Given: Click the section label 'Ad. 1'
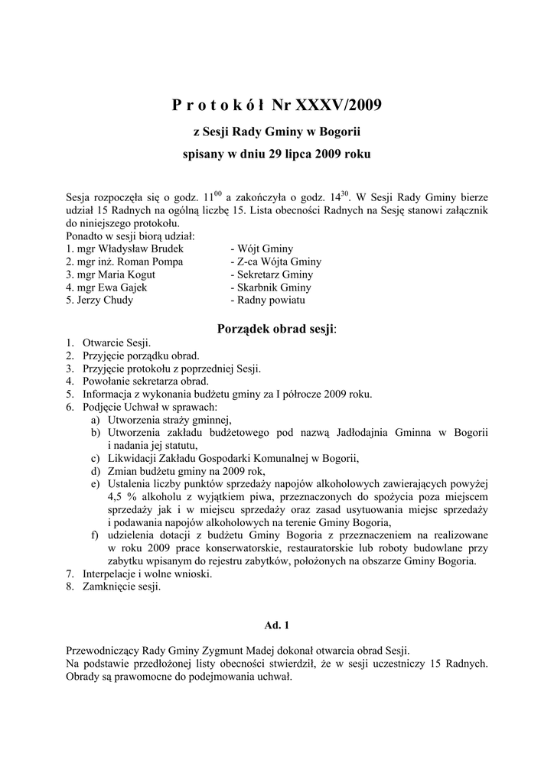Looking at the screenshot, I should pyautogui.click(x=277, y=625).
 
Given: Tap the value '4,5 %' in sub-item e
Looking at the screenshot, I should pyautogui.click(x=122, y=497).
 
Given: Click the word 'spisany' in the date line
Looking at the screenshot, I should pyautogui.click(x=203, y=154).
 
